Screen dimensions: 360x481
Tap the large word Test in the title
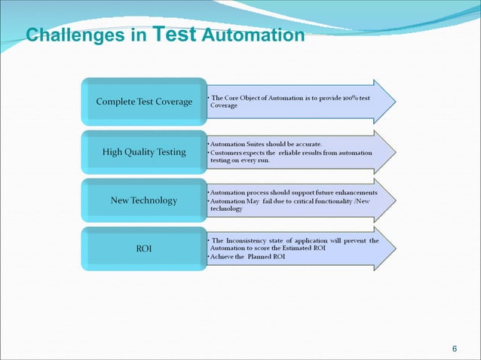coord(176,33)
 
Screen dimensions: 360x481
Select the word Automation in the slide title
coord(254,35)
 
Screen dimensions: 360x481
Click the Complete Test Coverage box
coord(144,102)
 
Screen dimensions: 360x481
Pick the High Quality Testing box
coord(144,152)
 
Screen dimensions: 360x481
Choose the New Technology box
coord(144,200)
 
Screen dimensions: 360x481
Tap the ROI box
coord(144,249)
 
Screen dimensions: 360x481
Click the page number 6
coord(454,347)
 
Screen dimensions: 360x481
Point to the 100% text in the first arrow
coord(351,98)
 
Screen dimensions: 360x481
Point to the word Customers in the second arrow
coord(230,152)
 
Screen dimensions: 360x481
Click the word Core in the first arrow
coord(237,98)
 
